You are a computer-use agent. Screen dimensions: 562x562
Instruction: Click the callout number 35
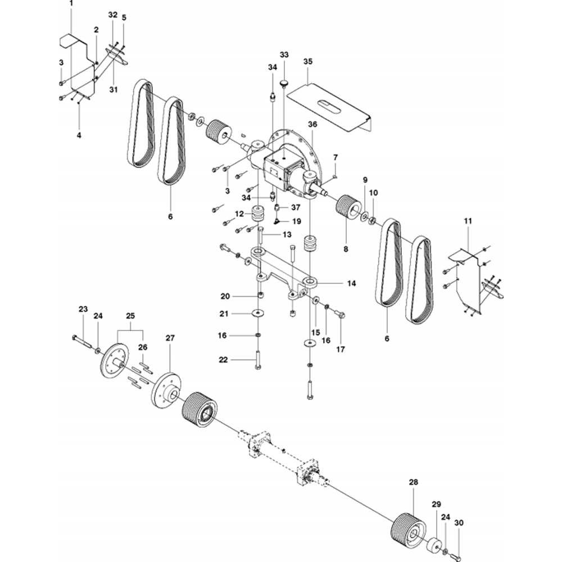coord(307,61)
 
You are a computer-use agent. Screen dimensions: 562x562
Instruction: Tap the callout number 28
coord(413,482)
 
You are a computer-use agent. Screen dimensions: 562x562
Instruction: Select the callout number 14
coord(352,283)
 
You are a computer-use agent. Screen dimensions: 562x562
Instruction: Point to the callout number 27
coord(170,338)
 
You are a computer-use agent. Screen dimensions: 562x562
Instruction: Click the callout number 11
coord(468,221)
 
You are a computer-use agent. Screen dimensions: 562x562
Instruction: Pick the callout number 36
coord(312,124)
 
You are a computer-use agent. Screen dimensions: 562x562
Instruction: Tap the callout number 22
coord(223,360)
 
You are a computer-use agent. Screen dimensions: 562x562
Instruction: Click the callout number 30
coord(459,523)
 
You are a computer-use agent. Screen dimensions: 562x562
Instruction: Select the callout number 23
coord(83,309)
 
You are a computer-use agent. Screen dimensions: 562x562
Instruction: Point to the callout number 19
coord(297,221)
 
